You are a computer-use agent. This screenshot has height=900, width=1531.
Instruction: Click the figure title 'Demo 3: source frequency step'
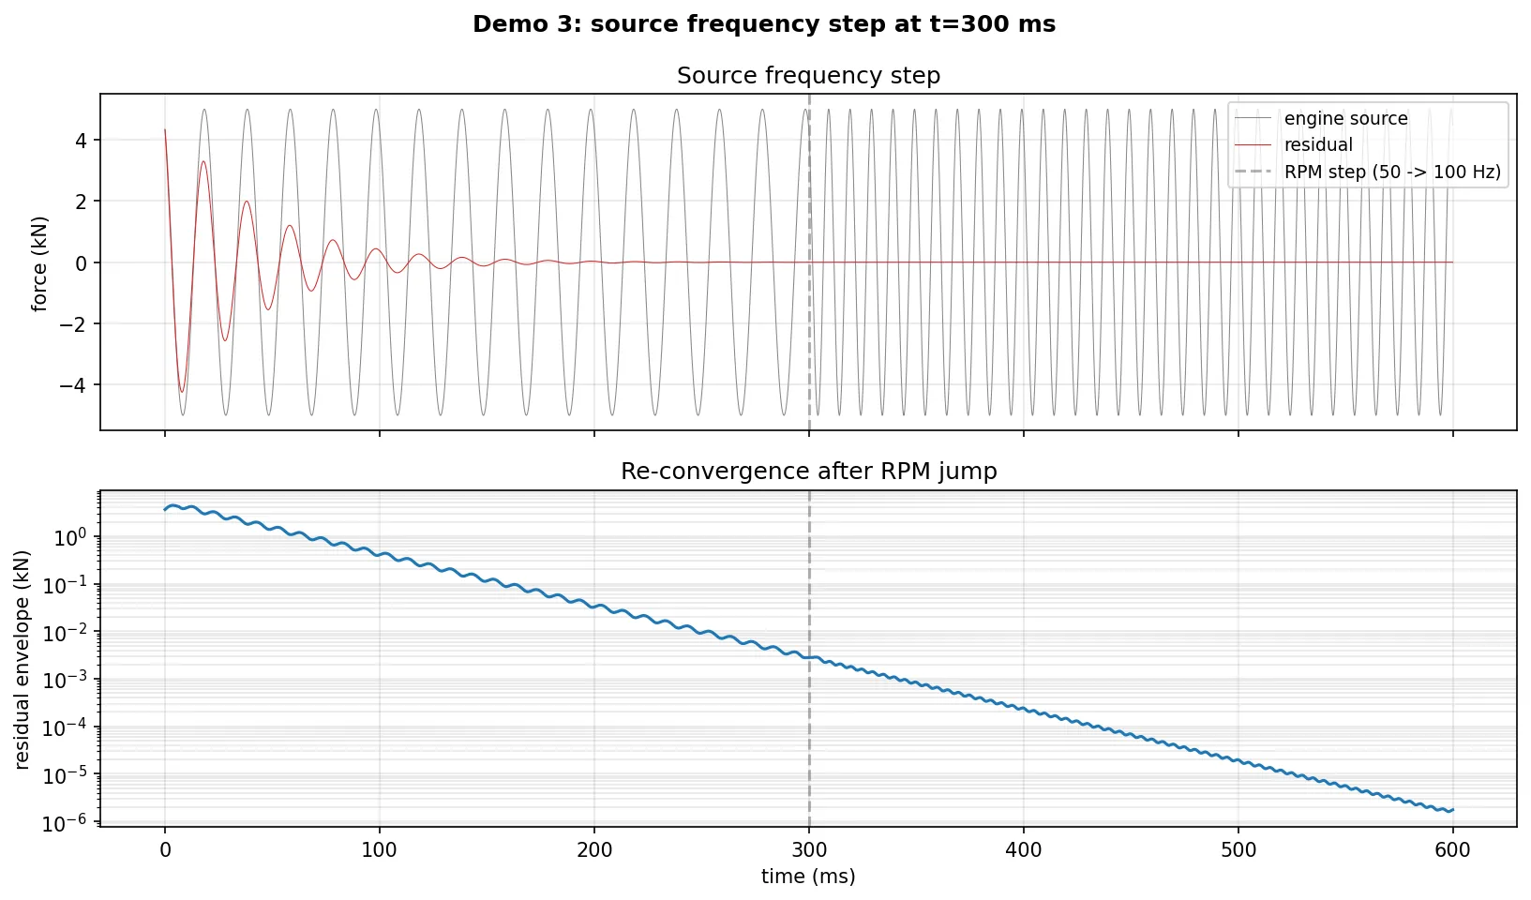(x=764, y=24)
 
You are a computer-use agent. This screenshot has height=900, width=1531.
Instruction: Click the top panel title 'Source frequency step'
(x=808, y=75)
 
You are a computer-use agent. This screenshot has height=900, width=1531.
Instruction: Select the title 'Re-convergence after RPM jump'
(x=808, y=471)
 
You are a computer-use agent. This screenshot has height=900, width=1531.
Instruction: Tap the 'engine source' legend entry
(x=1345, y=118)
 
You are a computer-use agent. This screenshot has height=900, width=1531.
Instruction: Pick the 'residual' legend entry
(x=1318, y=144)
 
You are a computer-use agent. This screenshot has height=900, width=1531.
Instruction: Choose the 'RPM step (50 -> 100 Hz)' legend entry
(x=1392, y=172)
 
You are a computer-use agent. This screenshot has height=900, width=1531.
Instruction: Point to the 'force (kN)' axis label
(x=39, y=263)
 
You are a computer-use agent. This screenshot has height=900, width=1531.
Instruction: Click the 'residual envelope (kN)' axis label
(x=23, y=659)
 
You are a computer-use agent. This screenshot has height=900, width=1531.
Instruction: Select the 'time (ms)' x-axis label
(x=808, y=877)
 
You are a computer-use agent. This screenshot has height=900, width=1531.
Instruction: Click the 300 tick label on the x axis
(x=809, y=850)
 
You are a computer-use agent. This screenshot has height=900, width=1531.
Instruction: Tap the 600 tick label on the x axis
(x=1452, y=850)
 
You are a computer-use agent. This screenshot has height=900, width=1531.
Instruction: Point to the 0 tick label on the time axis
(x=165, y=850)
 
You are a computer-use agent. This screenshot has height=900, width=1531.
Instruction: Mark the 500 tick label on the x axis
(x=1238, y=850)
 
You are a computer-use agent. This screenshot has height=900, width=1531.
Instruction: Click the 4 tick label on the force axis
(x=81, y=141)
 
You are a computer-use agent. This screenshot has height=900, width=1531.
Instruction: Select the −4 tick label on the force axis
(x=73, y=385)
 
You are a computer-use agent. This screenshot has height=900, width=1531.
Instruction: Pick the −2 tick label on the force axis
(x=73, y=324)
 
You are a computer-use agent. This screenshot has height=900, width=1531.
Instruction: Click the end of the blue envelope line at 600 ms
(x=1452, y=809)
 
